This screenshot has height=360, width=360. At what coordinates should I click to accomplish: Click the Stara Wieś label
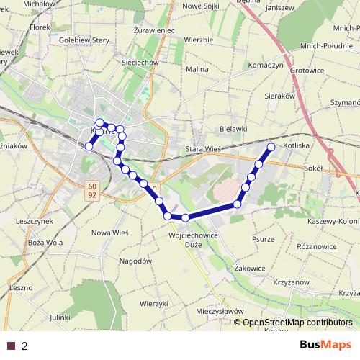click(x=203, y=148)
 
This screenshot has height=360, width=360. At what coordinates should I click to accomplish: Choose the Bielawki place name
click(x=233, y=128)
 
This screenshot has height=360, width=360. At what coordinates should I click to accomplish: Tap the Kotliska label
click(x=297, y=145)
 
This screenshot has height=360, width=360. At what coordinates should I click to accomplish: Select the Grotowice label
click(x=307, y=71)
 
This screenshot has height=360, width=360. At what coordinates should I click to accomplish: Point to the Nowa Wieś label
click(x=110, y=233)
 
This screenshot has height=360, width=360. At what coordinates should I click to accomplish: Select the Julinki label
click(x=60, y=317)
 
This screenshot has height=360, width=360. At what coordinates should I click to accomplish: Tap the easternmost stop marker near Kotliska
click(x=271, y=147)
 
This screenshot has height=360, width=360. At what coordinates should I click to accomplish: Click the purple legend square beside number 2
click(x=10, y=346)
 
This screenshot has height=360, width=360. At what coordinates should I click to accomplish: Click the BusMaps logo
click(x=325, y=345)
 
